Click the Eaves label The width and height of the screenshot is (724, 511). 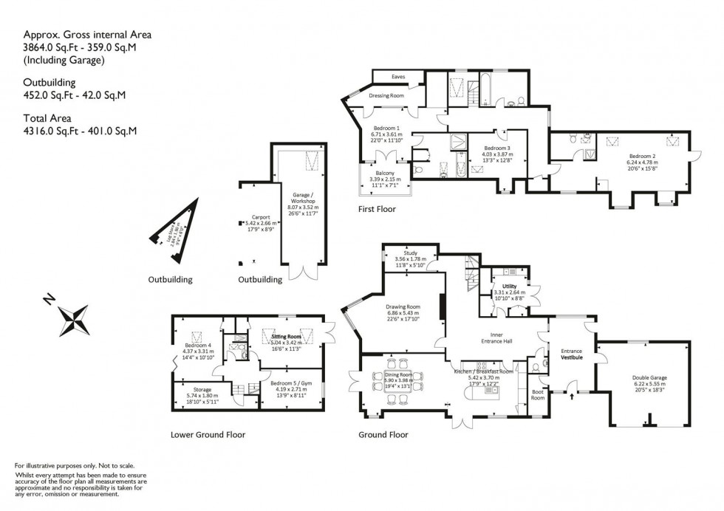[x=397, y=77]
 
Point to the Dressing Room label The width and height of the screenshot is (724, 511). [x=386, y=96]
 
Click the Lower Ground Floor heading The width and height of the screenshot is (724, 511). [x=208, y=435]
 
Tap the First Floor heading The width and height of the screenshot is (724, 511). [x=376, y=209]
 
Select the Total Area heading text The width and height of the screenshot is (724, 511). [x=49, y=119]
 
